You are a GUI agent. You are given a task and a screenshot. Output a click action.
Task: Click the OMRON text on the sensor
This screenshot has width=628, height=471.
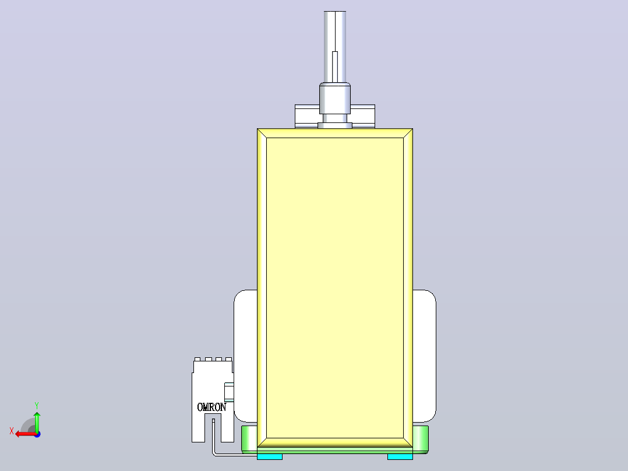coord(212,407)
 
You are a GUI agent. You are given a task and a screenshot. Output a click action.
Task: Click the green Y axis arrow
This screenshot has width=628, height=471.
coord(37,421)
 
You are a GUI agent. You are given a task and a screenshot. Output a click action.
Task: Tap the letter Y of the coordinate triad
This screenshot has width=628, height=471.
coord(37,405)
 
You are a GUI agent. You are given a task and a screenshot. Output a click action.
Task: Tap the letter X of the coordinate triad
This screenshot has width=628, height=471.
coord(12,431)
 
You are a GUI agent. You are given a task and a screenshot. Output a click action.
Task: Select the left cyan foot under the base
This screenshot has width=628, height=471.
coord(270,456)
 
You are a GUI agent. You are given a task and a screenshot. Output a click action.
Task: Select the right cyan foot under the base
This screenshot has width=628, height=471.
coord(400,456)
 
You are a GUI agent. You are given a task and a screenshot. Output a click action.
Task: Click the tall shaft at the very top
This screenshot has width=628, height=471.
coord(335,47)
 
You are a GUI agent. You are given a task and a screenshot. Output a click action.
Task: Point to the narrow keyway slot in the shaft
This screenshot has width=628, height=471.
coord(335,67)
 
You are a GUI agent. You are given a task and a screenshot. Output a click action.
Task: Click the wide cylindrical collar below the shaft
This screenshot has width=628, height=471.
coord(335,99)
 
